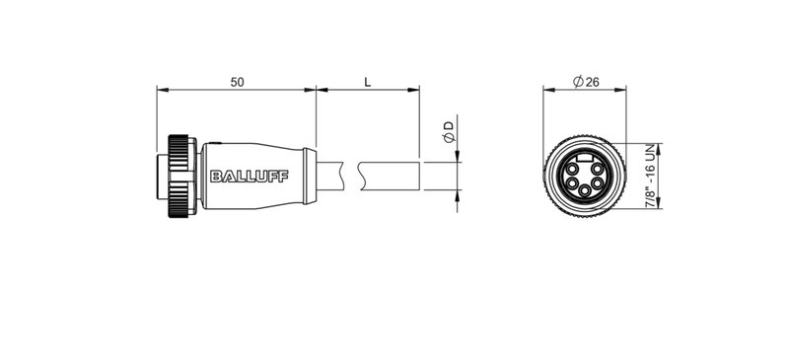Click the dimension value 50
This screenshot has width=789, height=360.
[x=238, y=82]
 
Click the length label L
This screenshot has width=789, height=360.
[x=367, y=82]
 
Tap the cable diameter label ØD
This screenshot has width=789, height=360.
[x=448, y=133]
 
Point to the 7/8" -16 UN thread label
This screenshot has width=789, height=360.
[x=650, y=177]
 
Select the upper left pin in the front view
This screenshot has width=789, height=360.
[x=573, y=170]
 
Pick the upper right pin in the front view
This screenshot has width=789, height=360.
[x=599, y=170]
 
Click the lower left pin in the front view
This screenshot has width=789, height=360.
[x=571, y=184]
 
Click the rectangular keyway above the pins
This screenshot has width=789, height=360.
[x=586, y=158]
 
